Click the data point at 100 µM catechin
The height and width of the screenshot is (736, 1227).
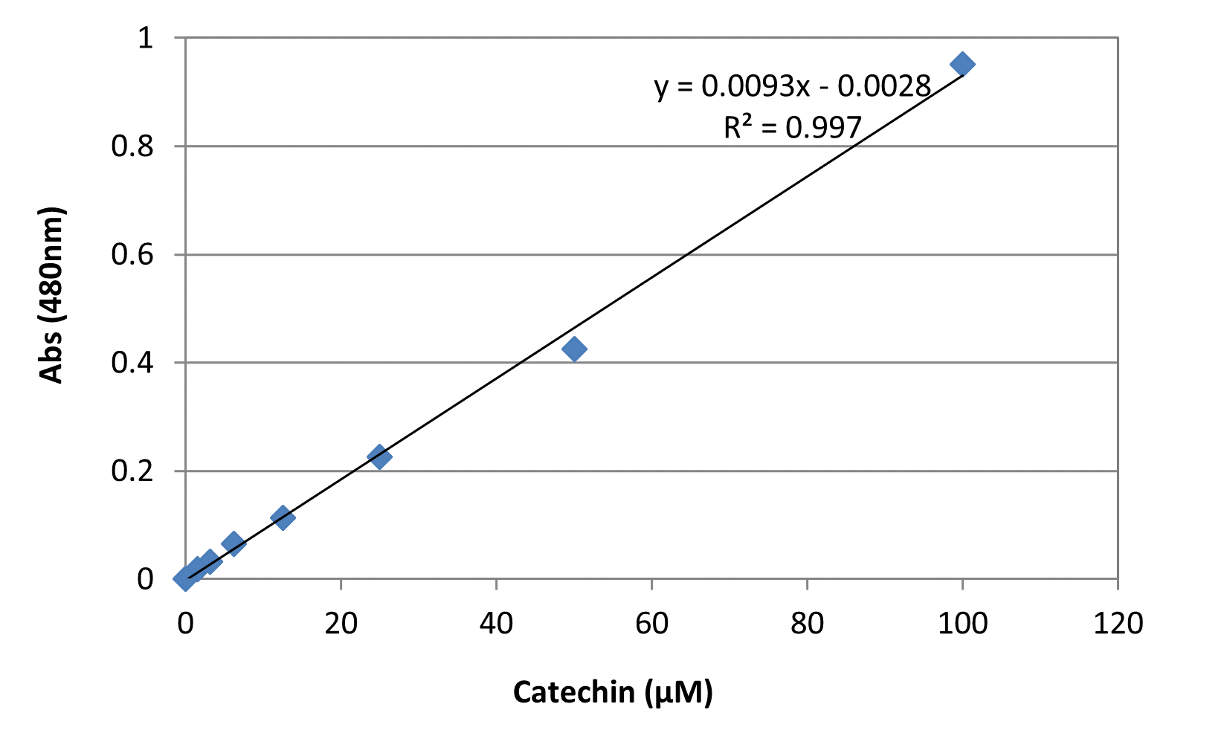coord(962,64)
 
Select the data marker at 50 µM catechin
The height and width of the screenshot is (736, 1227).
coord(574,349)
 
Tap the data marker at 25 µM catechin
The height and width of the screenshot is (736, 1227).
coord(379,456)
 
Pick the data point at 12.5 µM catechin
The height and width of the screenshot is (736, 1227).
coord(283,517)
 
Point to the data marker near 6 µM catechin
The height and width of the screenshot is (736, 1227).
coord(234,543)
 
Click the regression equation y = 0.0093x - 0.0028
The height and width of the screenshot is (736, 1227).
coord(793,87)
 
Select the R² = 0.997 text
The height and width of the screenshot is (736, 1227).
coord(793,128)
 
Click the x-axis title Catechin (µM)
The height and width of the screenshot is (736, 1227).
coord(613,692)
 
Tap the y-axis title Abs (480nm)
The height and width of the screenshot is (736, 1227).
coord(52,295)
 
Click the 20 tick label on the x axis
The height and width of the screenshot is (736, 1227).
coord(341,623)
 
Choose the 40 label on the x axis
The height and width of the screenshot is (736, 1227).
coord(496,623)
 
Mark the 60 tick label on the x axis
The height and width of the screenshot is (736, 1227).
coord(651,623)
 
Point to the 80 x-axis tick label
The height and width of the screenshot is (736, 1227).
coord(807,623)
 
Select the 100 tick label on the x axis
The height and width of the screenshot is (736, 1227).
coord(962,623)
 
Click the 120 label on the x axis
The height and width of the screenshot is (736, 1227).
coord(1118,623)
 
